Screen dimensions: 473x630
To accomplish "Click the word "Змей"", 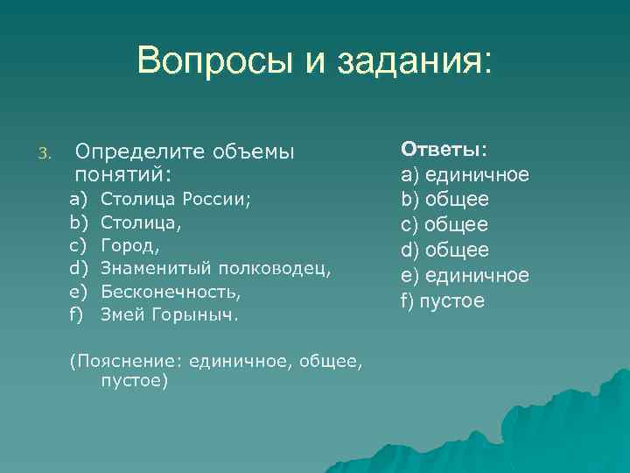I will click(121, 312).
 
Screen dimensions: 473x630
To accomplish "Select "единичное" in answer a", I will click(476, 174).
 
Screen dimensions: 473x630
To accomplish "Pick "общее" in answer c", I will click(457, 225).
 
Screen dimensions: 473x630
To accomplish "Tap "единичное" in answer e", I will click(477, 275).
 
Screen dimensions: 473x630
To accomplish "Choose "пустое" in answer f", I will click(451, 300).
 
